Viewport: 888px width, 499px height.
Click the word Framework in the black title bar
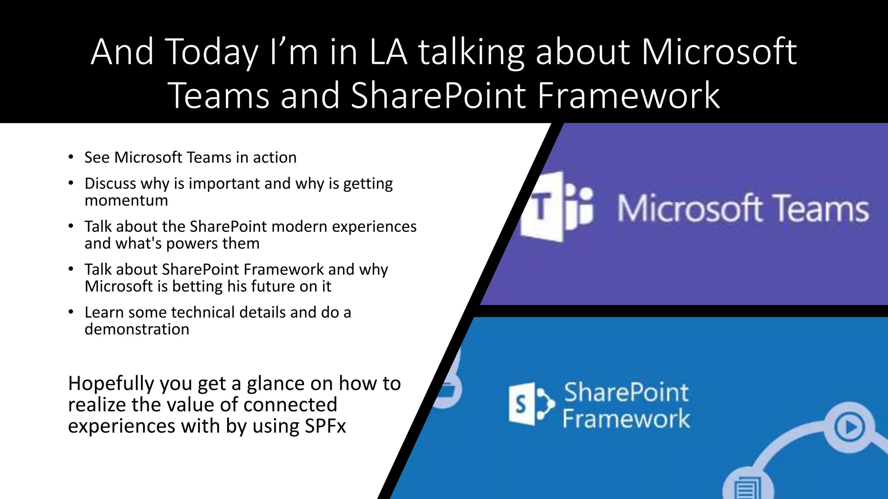pos(628,95)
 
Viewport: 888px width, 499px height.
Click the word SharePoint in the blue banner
pos(626,392)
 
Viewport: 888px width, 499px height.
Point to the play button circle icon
pos(849,427)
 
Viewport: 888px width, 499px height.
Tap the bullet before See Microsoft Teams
pos(71,157)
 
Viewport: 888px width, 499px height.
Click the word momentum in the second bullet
pos(126,201)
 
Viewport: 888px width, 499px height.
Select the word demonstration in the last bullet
pos(137,329)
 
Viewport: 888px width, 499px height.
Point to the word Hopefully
pos(111,384)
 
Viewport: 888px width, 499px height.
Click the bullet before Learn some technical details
pos(71,312)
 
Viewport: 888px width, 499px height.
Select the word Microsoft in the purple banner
pos(689,209)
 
